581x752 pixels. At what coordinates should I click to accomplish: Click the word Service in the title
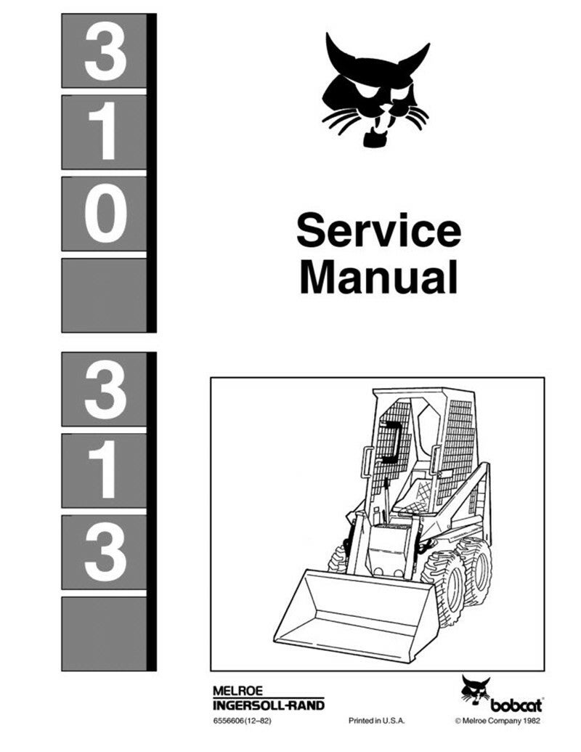tap(378, 231)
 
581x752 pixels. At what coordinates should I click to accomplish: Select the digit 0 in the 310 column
tap(105, 214)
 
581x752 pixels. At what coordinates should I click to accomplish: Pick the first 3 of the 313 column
tap(105, 389)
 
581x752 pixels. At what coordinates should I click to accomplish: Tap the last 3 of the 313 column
tap(105, 552)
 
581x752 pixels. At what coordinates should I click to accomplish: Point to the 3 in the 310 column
tap(105, 51)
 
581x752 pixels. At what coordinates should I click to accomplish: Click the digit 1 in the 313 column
tap(105, 471)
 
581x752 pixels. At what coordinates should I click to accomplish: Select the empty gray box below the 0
tap(105, 295)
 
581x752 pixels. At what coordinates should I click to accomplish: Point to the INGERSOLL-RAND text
tap(269, 705)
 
